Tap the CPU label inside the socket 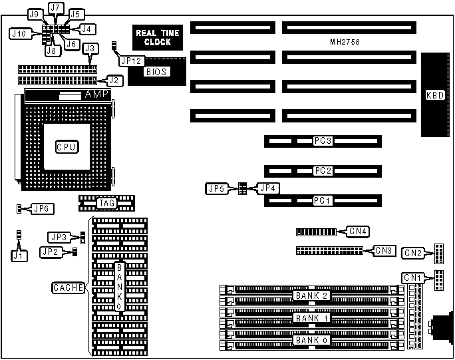click(x=66, y=146)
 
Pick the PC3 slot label click(x=323, y=141)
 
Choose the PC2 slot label click(x=323, y=171)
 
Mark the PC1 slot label click(x=323, y=200)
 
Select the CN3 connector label click(x=384, y=251)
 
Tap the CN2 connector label click(x=413, y=252)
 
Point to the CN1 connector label click(x=412, y=277)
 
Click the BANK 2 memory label click(x=311, y=295)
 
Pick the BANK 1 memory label click(x=311, y=317)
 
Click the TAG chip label click(x=106, y=203)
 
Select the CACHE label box click(x=68, y=288)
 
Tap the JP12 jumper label click(x=131, y=60)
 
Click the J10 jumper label click(x=19, y=33)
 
